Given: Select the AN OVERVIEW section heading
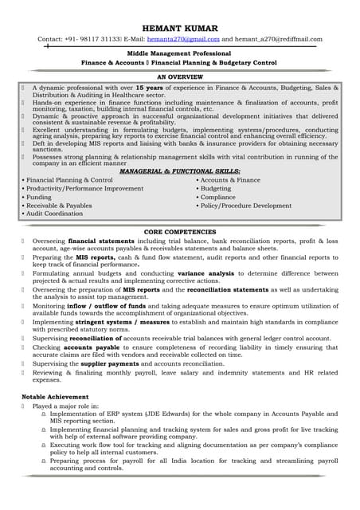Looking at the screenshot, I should [179, 76].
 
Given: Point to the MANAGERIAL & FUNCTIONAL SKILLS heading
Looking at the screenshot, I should [179, 171].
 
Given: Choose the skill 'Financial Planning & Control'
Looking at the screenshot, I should [69, 180].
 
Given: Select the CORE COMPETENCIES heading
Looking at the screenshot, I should [179, 231].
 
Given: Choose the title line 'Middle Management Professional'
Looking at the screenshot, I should [179, 51].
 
